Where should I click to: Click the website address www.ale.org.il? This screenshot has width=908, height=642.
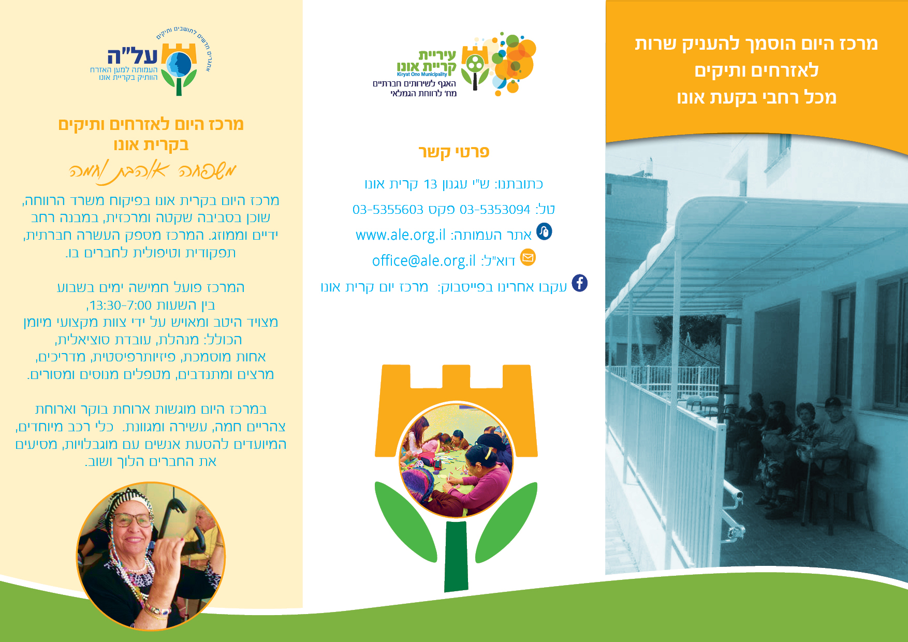tap(401, 235)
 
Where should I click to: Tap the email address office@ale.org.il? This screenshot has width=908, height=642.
tap(424, 260)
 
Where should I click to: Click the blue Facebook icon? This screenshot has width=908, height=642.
tap(580, 283)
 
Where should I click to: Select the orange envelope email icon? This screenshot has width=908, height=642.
tap(528, 257)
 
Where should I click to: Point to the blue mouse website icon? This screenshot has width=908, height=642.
tap(544, 231)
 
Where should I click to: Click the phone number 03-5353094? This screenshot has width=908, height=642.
tap(495, 210)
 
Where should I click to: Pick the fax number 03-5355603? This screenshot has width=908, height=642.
tap(388, 210)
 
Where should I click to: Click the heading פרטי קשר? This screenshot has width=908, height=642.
tap(454, 152)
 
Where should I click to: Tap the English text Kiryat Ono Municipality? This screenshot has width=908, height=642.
tap(422, 75)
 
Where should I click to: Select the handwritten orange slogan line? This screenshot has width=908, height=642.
tap(153, 171)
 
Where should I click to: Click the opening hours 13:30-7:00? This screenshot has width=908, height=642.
tap(121, 305)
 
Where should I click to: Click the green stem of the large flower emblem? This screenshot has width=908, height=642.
tap(456, 556)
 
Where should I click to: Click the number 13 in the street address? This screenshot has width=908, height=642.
tap(430, 184)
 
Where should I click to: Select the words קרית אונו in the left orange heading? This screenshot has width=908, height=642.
tap(151, 144)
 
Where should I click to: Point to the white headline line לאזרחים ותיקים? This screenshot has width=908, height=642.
tap(756, 70)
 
